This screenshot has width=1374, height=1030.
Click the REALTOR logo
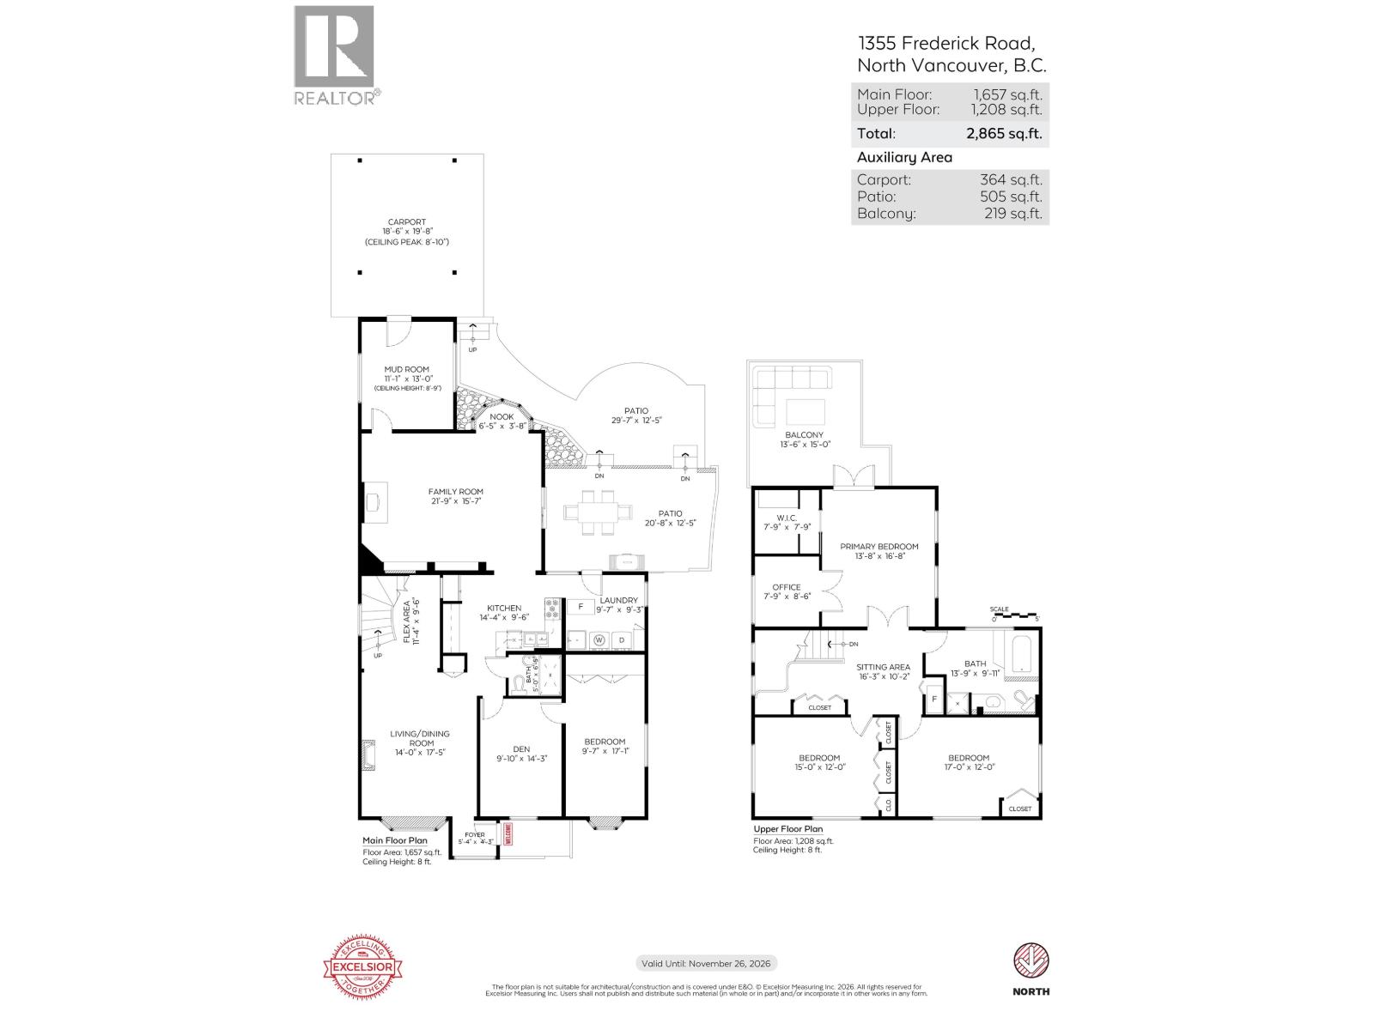tap(335, 55)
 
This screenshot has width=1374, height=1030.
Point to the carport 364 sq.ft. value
tap(1011, 180)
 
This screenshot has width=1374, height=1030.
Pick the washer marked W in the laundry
tap(599, 639)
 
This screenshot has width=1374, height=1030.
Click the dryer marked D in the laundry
tap(622, 639)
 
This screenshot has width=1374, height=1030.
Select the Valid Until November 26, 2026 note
tap(706, 964)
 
